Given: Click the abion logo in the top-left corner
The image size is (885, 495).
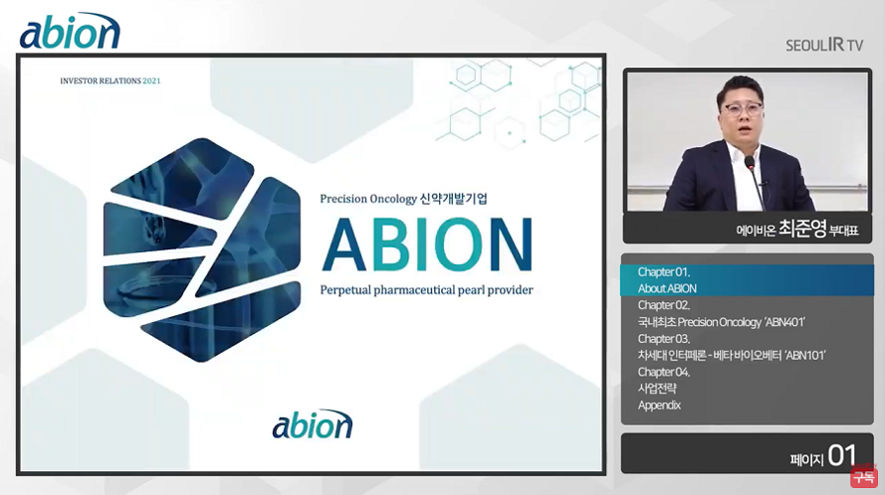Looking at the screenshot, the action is [70, 31].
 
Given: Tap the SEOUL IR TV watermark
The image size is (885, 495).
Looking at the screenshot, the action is [824, 45].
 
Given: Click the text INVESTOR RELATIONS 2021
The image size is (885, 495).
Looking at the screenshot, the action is [111, 81].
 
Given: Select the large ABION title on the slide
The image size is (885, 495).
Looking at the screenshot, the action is [427, 245].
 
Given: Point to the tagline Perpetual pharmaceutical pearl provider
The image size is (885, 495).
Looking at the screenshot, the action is [426, 290].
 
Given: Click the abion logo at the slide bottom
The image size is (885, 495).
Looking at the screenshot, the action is [313, 424].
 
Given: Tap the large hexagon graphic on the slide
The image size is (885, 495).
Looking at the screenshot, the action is [201, 249].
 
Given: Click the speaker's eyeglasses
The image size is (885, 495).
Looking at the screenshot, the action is [742, 108].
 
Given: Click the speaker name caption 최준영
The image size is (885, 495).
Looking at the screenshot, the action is [802, 229].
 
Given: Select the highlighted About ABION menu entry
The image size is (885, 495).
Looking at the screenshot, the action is [667, 288].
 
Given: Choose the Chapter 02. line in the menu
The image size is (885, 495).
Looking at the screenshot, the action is [664, 305].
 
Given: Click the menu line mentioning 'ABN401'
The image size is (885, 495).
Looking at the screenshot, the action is [722, 322].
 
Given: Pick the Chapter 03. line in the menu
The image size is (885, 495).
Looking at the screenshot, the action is [664, 339].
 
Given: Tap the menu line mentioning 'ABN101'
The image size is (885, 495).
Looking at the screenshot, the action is [732, 355].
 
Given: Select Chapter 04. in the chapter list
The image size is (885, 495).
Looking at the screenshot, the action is [664, 372].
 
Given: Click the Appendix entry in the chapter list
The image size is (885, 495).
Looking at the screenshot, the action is [659, 406].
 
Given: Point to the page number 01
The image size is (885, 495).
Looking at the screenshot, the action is [842, 455].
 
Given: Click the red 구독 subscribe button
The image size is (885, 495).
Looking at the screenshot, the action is [863, 476].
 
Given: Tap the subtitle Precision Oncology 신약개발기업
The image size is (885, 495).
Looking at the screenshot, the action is [403, 199].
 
